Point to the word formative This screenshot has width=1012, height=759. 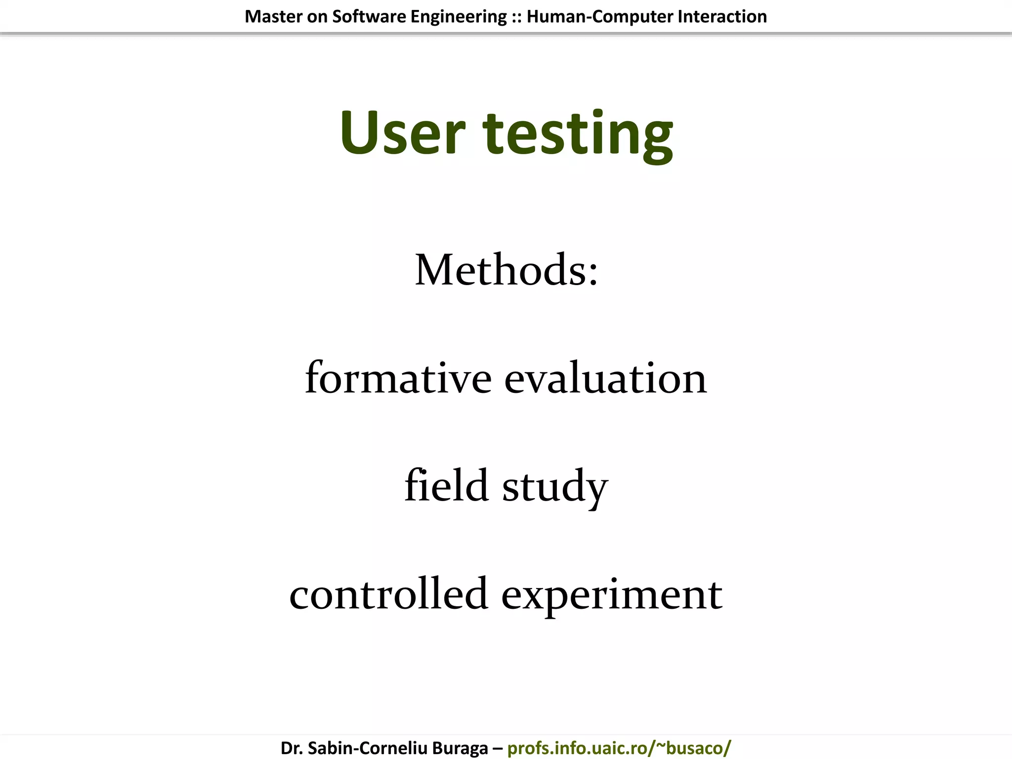pos(398,378)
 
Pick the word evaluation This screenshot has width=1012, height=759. pos(605,378)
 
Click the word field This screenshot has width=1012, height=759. pos(447,485)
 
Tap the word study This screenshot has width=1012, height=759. pos(555,487)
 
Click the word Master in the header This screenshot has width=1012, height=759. pos(273,17)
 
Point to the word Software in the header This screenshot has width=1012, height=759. pos(369,17)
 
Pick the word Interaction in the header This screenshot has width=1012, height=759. pos(722,17)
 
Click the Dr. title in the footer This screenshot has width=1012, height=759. pos(291,748)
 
